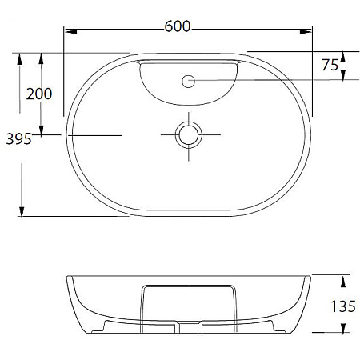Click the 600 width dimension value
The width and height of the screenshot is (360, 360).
(178, 26)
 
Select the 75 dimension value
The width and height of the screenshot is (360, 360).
(330, 65)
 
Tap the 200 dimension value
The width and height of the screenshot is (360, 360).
(39, 94)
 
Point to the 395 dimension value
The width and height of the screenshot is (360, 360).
(18, 139)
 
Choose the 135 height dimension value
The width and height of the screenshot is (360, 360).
(343, 306)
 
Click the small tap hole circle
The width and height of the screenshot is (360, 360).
(188, 82)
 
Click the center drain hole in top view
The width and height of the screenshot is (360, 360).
(189, 134)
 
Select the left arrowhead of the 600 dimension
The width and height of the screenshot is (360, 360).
(71, 32)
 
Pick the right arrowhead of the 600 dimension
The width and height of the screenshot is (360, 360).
(306, 32)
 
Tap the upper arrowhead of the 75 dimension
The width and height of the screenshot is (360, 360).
(343, 58)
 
